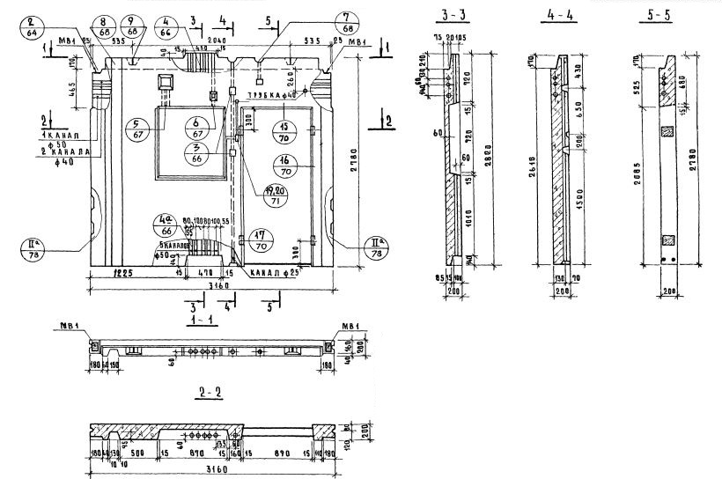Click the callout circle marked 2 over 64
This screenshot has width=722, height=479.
[33, 29]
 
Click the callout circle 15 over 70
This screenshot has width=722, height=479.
[285, 129]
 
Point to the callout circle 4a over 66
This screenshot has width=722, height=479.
[164, 225]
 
